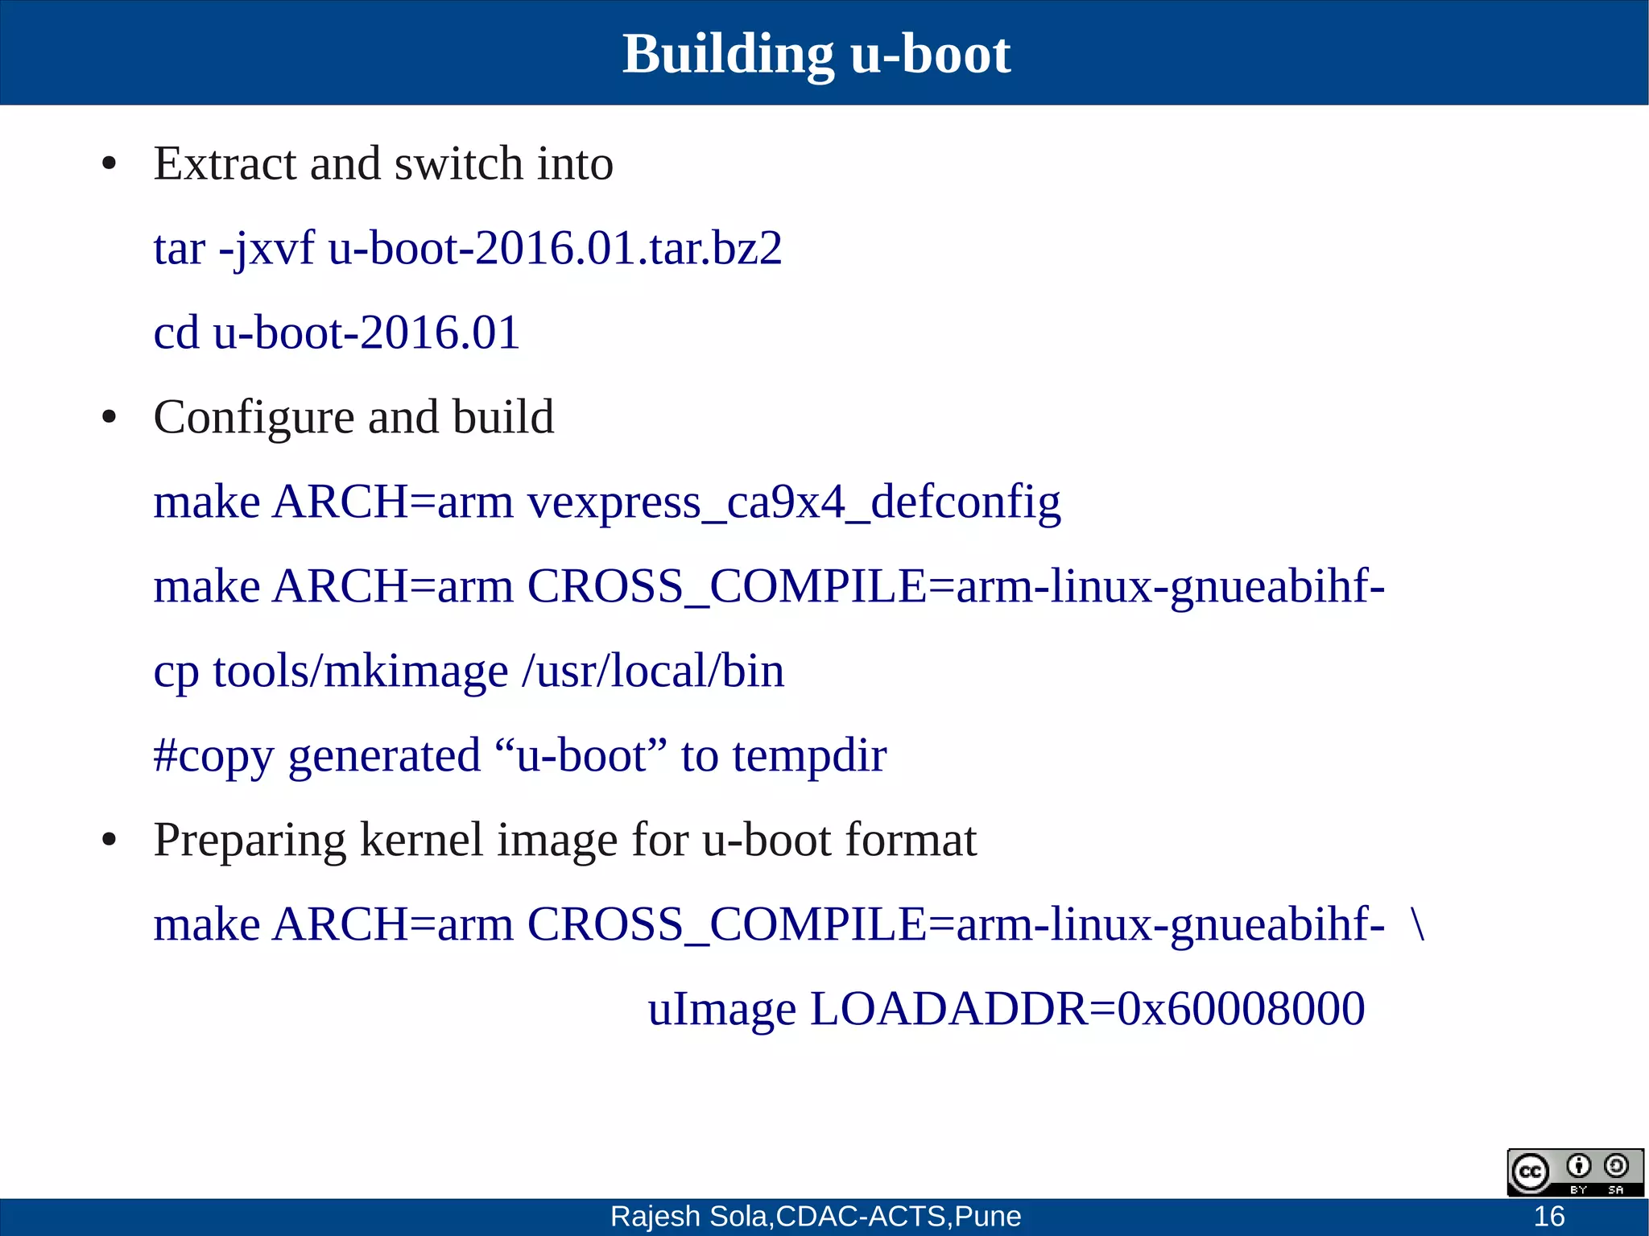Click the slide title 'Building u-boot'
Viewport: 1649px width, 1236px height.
point(816,54)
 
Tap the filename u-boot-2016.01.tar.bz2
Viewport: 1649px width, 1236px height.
point(555,248)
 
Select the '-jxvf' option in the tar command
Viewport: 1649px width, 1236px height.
point(267,248)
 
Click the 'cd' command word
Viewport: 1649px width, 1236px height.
point(176,333)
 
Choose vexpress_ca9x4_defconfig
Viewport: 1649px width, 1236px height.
point(793,502)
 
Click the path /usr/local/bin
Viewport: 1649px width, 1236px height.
point(652,671)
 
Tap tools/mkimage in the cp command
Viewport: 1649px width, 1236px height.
point(360,671)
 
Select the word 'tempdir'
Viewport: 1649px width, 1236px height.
point(809,755)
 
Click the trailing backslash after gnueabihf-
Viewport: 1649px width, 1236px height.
point(1418,924)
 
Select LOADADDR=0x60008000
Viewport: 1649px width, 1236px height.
point(1087,1008)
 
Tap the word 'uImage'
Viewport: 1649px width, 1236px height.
point(721,1008)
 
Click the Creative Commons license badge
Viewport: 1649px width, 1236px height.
point(1575,1172)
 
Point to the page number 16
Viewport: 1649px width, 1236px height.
point(1548,1216)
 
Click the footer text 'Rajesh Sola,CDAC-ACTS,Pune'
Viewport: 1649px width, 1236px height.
point(815,1216)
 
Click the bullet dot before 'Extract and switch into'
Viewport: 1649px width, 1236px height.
point(110,164)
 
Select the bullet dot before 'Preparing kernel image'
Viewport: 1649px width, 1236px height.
point(110,841)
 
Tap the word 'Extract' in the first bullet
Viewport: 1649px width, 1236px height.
point(225,163)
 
